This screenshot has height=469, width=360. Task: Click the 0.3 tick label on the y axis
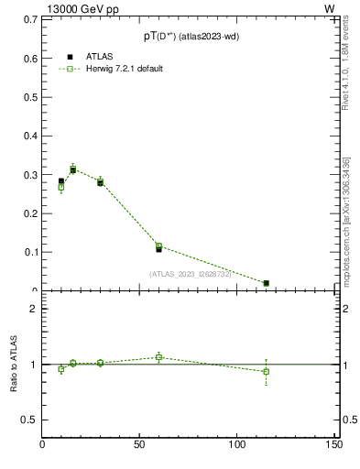click(x=27, y=175)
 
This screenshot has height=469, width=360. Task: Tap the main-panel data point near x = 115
click(x=267, y=283)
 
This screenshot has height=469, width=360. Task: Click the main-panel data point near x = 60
click(x=158, y=247)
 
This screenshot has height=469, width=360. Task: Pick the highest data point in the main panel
click(x=73, y=169)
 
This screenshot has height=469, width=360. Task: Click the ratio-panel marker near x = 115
click(x=267, y=371)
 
